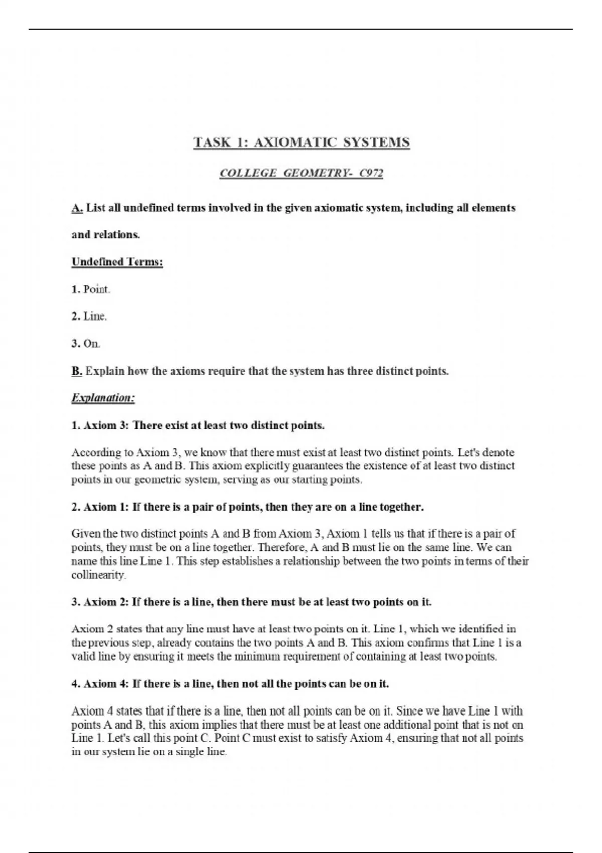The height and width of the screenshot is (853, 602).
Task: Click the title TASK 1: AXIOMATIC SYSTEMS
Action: [302, 143]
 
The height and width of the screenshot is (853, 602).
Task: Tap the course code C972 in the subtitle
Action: [371, 173]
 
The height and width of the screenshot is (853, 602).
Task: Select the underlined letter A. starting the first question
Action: [77, 208]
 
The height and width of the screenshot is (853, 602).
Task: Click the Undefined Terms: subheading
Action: [117, 262]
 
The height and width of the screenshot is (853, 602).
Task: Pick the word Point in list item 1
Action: [96, 289]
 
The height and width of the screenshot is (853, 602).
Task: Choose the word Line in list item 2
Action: [95, 316]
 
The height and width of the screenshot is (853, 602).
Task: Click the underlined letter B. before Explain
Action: [77, 371]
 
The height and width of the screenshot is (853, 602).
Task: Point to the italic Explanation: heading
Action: [103, 398]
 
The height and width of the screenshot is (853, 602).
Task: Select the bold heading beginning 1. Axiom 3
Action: [198, 425]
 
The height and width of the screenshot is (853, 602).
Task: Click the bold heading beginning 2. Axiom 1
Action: [248, 507]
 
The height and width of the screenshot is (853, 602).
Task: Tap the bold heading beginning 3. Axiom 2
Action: [251, 602]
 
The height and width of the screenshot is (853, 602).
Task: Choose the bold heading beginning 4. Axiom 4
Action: [230, 684]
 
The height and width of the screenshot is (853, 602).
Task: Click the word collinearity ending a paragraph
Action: [98, 575]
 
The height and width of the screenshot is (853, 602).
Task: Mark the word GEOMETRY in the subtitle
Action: [317, 173]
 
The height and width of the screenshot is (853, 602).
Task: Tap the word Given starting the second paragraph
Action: [86, 534]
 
